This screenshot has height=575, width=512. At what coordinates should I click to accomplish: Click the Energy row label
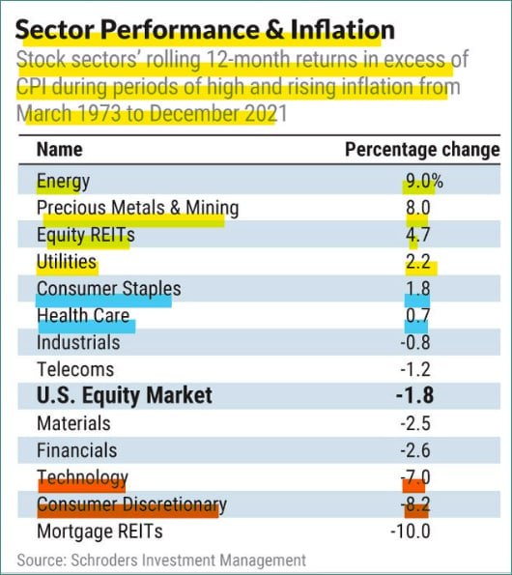(x=63, y=182)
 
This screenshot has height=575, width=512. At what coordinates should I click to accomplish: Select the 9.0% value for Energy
(x=424, y=181)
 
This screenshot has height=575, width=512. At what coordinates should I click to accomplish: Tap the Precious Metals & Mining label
(x=138, y=208)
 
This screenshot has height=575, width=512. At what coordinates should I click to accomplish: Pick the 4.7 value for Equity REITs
(x=417, y=235)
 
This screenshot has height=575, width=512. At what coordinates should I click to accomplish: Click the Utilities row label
(x=67, y=262)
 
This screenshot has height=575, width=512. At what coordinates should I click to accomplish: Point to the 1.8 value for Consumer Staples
(x=417, y=289)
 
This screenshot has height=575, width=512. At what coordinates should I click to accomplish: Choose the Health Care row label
(x=83, y=315)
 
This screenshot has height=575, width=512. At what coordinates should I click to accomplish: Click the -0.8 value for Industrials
(x=415, y=342)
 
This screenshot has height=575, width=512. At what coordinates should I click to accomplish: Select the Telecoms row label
(x=75, y=369)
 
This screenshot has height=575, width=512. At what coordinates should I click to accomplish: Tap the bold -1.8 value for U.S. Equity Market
(x=414, y=395)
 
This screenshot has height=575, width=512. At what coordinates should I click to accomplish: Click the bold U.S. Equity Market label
(x=125, y=395)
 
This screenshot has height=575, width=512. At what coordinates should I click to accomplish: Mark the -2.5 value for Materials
(x=415, y=423)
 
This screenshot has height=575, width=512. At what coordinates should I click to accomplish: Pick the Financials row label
(x=77, y=450)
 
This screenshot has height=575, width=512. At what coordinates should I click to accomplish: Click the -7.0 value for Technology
(x=415, y=477)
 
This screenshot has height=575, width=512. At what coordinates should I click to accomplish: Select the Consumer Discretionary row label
(x=132, y=504)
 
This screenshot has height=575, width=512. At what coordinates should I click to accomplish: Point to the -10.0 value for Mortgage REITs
(x=411, y=532)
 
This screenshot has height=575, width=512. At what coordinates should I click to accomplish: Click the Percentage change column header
(x=422, y=150)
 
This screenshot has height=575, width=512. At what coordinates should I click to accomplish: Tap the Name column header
(x=60, y=150)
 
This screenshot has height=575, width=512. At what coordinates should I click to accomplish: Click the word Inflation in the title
(x=343, y=29)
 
